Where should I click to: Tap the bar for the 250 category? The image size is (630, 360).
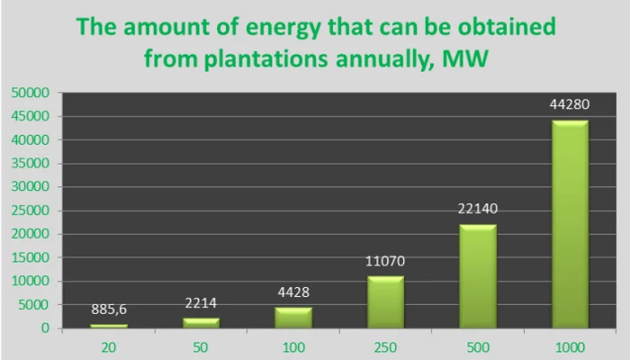[x=384, y=301]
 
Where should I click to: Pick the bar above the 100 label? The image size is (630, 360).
[x=292, y=318]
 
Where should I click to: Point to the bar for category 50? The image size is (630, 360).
[x=200, y=322]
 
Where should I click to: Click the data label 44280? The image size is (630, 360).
[x=569, y=106]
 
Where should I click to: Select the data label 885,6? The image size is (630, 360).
[x=109, y=309]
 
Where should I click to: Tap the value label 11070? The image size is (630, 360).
[x=384, y=262]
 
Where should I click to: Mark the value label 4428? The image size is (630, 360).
[x=292, y=293]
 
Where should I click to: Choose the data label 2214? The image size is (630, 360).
[x=200, y=303]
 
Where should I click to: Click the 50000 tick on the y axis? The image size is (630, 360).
[x=30, y=93]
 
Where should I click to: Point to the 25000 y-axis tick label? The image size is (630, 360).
[x=30, y=211]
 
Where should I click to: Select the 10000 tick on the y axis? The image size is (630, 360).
[x=30, y=281]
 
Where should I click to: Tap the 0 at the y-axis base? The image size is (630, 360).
[x=44, y=328]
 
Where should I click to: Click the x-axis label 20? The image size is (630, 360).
[x=109, y=346]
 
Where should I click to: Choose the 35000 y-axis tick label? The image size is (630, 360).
[x=30, y=163]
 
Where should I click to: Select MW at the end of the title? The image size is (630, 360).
[x=466, y=59]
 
